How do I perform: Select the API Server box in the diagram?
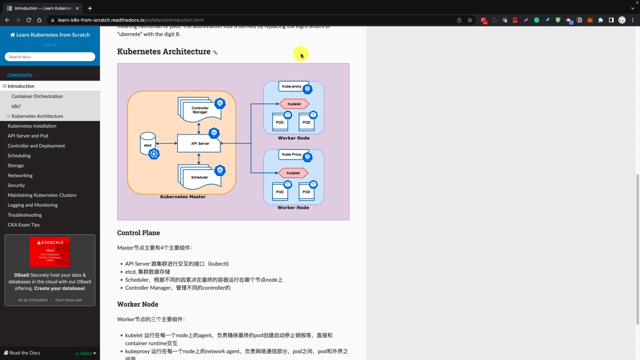(x=199, y=143)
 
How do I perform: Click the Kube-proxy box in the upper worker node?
(x=292, y=86)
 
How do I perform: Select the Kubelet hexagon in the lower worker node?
(x=293, y=173)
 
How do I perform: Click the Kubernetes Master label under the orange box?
(x=183, y=197)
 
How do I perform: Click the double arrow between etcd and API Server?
(x=166, y=143)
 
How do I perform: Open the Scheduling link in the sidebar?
(x=19, y=156)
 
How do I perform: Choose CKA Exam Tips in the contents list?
(x=24, y=225)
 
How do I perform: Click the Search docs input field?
(x=50, y=57)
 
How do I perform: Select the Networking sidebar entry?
(x=20, y=175)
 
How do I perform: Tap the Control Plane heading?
(x=138, y=233)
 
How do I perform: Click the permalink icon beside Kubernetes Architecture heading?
(x=215, y=52)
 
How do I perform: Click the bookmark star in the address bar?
(x=470, y=20)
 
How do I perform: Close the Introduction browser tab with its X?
(x=77, y=8)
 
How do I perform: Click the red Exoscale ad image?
(x=50, y=252)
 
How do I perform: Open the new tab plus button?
(x=90, y=8)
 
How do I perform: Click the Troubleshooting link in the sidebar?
(x=25, y=215)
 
